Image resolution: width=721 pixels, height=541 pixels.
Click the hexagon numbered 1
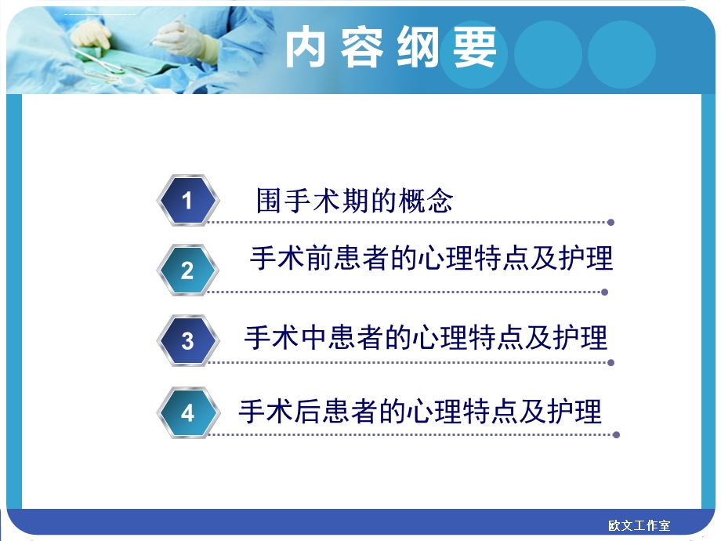(187, 201)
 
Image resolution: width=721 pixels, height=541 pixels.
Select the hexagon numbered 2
(187, 270)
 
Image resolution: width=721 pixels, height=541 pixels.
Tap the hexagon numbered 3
(187, 341)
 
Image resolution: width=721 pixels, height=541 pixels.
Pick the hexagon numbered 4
(187, 412)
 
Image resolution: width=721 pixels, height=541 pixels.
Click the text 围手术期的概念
(354, 201)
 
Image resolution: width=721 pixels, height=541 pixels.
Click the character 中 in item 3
(312, 337)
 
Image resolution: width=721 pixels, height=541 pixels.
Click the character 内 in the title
(305, 49)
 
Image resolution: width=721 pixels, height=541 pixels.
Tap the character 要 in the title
(476, 49)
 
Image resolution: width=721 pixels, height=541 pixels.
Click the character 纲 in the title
(419, 49)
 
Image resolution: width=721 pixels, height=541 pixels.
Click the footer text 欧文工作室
(639, 525)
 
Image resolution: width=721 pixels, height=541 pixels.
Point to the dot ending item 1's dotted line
(610, 222)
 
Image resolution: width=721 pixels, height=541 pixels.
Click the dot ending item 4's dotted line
(617, 434)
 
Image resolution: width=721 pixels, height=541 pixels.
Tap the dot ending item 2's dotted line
(604, 292)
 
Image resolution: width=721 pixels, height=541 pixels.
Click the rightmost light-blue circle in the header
(621, 54)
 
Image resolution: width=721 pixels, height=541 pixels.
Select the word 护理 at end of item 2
(587, 258)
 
